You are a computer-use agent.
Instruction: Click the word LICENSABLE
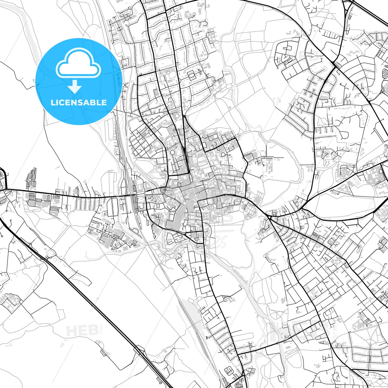(x=79, y=102)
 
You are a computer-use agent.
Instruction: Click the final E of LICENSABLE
(x=104, y=102)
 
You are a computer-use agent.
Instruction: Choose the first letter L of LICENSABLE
(x=53, y=102)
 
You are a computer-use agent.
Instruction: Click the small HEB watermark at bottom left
(x=82, y=331)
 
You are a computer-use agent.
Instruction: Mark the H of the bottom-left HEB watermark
(x=71, y=331)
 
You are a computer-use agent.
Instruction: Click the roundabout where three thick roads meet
(x=269, y=217)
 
